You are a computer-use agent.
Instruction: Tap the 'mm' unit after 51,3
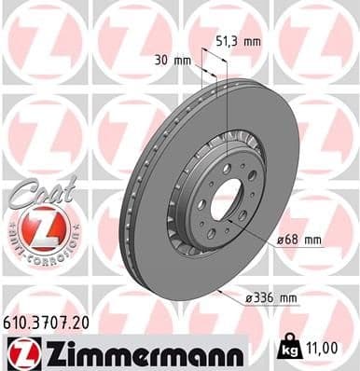[252, 41]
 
